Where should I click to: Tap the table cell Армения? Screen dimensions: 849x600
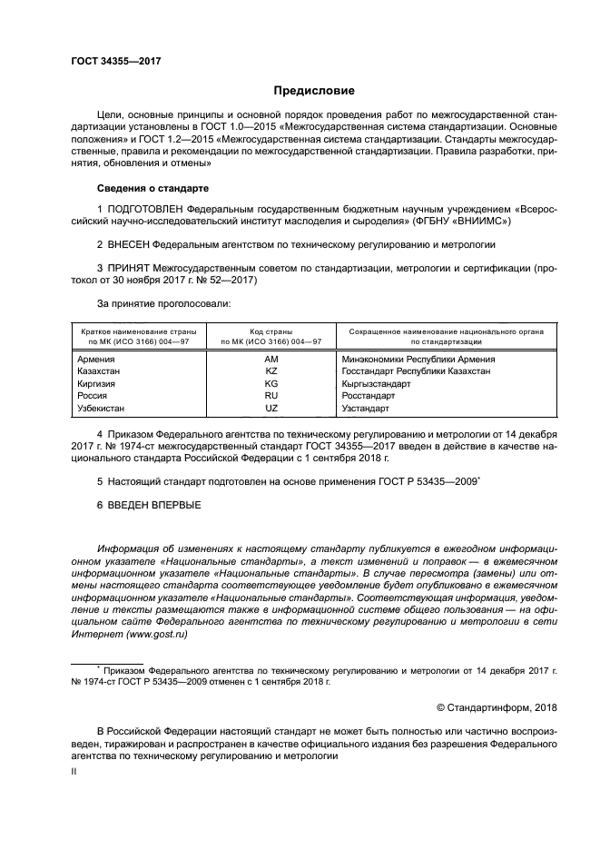coord(97,360)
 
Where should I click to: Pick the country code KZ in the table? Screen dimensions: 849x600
coord(270,371)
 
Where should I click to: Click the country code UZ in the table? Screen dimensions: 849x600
coord(270,409)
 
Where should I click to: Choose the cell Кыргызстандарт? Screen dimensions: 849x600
coord(376,384)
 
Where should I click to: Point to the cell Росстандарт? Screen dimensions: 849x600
coord(369,396)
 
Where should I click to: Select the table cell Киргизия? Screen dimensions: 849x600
coord(99,384)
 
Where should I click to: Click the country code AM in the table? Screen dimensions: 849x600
coord(270,360)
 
